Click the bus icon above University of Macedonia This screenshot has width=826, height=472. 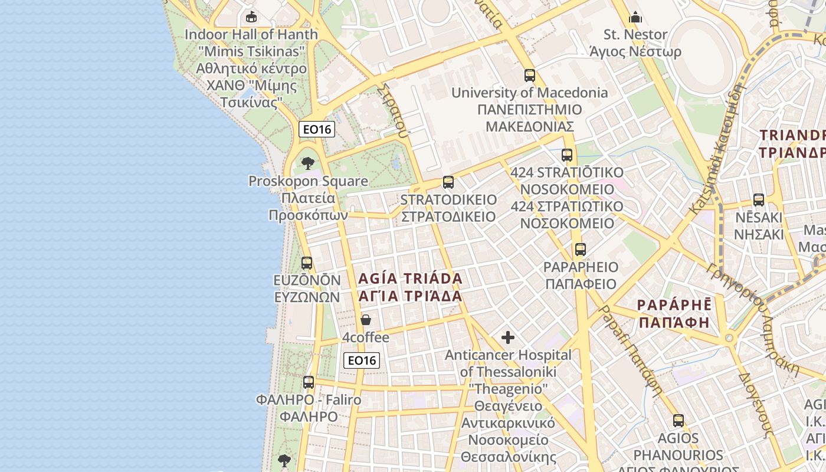coord(530,76)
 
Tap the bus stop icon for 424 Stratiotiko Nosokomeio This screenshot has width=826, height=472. coord(567,155)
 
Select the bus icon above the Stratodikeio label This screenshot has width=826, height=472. coord(448,182)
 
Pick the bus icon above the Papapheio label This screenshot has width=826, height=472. coord(581,250)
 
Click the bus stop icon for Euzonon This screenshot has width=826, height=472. coord(307,263)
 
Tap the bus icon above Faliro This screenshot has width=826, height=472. coord(309,382)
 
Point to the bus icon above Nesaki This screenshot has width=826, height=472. coord(759,200)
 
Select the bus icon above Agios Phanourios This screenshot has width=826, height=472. coord(678,421)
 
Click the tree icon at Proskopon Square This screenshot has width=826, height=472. coord(307,163)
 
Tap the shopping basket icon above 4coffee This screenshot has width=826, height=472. coord(366,320)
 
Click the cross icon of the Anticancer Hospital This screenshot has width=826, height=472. coord(508,337)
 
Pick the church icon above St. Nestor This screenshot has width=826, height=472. coord(635,17)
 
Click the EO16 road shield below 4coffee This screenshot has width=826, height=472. coord(362,360)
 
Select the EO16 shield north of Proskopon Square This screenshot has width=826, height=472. coord(317,129)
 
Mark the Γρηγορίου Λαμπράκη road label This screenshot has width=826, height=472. coord(752,319)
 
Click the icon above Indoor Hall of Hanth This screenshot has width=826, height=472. coord(251,17)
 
